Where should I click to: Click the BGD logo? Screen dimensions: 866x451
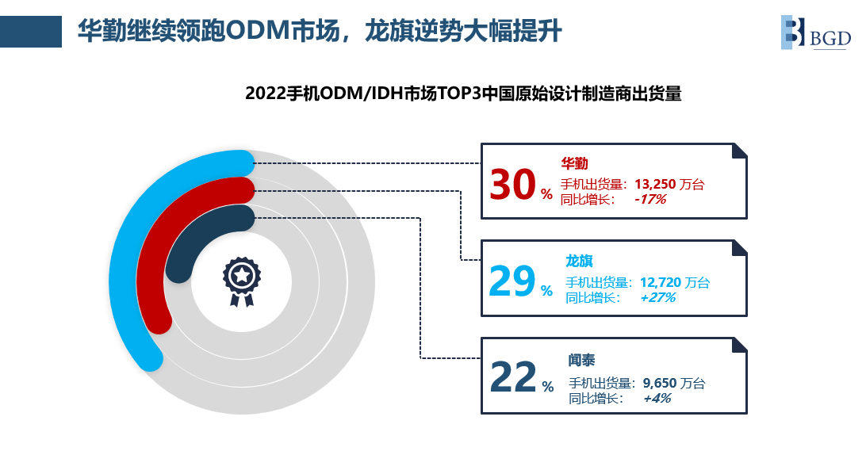pyautogui.click(x=816, y=32)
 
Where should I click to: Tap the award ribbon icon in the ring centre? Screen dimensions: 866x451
pyautogui.click(x=241, y=281)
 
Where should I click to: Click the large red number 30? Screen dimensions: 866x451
pyautogui.click(x=512, y=185)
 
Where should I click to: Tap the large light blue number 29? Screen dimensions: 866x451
pyautogui.click(x=512, y=281)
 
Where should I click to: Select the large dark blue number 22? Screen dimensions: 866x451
pyautogui.click(x=512, y=377)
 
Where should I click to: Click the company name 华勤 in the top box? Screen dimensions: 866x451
pyautogui.click(x=574, y=162)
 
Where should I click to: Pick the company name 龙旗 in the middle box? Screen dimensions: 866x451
pyautogui.click(x=579, y=261)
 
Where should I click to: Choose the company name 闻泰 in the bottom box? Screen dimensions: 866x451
pyautogui.click(x=581, y=360)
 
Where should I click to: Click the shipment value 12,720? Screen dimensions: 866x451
pyautogui.click(x=660, y=283)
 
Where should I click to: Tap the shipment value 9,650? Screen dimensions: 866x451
pyautogui.click(x=660, y=383)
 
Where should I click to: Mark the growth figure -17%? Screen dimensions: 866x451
pyautogui.click(x=650, y=199)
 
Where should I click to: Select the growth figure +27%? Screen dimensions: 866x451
pyautogui.click(x=657, y=297)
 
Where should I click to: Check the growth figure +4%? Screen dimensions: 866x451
pyautogui.click(x=657, y=398)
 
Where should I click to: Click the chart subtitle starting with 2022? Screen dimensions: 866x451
pyautogui.click(x=463, y=94)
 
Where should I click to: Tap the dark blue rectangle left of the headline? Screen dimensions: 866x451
pyautogui.click(x=31, y=32)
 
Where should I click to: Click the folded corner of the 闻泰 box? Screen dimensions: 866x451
pyautogui.click(x=740, y=345)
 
